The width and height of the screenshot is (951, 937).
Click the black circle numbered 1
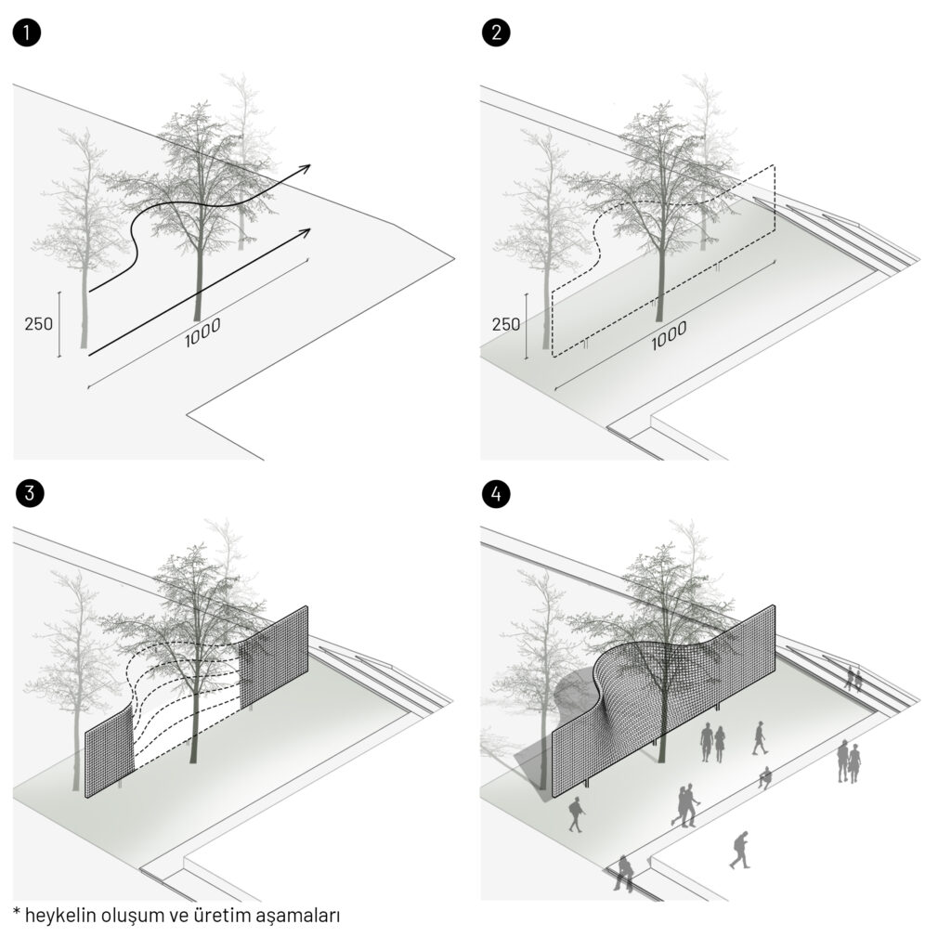26,33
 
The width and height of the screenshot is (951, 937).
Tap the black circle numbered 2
496,33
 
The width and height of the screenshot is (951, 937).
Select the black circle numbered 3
30,494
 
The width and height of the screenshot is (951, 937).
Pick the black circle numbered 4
496,494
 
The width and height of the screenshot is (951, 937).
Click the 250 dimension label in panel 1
39,324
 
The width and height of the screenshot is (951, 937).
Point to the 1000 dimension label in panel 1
202,333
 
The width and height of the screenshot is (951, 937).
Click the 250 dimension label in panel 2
506,324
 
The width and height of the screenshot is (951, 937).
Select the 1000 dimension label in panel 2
669,336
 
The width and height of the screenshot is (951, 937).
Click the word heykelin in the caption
60,915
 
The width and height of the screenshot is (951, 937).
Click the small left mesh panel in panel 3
110,751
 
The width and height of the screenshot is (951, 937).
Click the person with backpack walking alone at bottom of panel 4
740,851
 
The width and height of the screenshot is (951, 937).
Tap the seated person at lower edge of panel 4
623,873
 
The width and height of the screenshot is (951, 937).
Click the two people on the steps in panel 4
854,679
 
